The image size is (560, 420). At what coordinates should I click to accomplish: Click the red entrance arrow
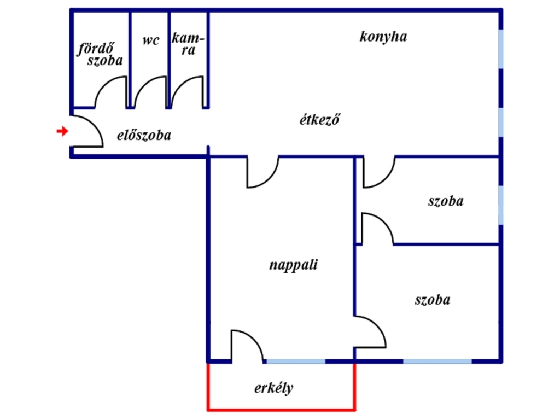coord(62,131)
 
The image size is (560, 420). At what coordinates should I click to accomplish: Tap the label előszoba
coord(144,136)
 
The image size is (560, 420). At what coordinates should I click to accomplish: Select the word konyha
coord(383,37)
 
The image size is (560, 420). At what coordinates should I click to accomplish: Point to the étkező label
coord(319,120)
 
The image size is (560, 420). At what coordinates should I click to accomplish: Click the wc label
coord(151,40)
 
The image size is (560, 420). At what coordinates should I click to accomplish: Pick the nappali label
coord(293,265)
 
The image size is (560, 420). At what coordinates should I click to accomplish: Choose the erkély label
coord(273,388)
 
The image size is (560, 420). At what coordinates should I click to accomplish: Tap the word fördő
coord(96,49)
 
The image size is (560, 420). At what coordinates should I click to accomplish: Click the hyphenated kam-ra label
coord(188,44)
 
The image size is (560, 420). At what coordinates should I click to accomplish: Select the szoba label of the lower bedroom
coord(433,300)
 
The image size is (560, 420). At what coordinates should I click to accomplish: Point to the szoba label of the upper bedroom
coord(446,201)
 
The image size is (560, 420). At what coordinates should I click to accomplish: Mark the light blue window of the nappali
coord(296,361)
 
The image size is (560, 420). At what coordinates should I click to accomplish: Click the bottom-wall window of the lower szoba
coord(437,361)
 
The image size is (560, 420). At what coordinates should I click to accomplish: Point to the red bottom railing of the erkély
coord(282,409)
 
